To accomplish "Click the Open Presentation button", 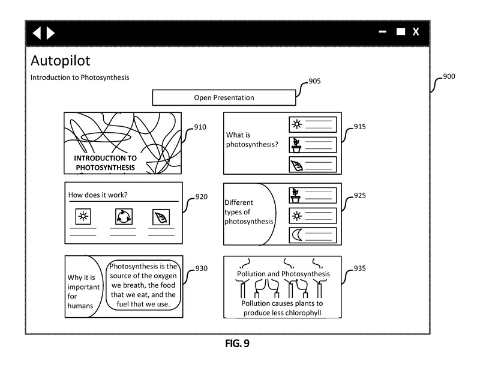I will [224, 97].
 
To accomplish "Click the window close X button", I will [416, 32].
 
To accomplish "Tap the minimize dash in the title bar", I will [383, 32].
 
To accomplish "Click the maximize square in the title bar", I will [400, 32].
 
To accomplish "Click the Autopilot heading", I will [60, 61].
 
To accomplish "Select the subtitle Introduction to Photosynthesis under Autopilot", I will [80, 77].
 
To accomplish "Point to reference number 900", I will [449, 77].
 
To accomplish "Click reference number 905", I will [314, 81].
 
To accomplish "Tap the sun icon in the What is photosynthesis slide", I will [296, 124].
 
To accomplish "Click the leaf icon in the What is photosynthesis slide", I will [296, 165].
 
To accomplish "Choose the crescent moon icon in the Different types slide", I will [296, 235].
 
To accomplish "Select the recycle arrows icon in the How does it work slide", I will [123, 217].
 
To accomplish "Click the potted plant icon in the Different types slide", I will [296, 195].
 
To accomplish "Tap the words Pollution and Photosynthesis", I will [283, 274].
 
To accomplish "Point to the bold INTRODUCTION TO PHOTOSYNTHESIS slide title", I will [105, 163].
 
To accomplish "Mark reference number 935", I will [359, 268].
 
